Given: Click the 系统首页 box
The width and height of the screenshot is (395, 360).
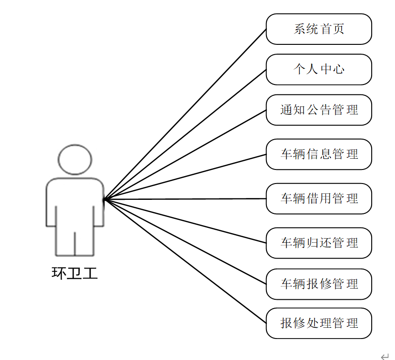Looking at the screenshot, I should pyautogui.click(x=319, y=29).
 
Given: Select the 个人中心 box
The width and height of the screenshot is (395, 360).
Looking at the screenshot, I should pyautogui.click(x=319, y=70).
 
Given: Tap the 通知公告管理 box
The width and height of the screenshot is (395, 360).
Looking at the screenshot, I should pyautogui.click(x=319, y=110).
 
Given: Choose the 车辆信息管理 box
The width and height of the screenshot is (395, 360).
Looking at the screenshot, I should pyautogui.click(x=319, y=154).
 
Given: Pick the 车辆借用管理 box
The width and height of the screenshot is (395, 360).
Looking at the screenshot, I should pyautogui.click(x=319, y=198).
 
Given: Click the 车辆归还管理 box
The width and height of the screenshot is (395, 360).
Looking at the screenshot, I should pyautogui.click(x=319, y=243).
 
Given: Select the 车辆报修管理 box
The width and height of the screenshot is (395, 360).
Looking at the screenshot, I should pyautogui.click(x=319, y=284).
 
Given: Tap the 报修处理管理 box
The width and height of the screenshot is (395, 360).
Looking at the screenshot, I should pyautogui.click(x=319, y=323).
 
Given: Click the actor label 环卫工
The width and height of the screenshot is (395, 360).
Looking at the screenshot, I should pyautogui.click(x=75, y=273).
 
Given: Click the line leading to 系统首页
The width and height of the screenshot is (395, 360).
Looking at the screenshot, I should pyautogui.click(x=185, y=114).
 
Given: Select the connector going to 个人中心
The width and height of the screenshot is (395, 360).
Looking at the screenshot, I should pyautogui.click(x=185, y=134).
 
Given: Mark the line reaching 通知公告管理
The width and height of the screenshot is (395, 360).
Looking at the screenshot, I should pyautogui.click(x=185, y=155).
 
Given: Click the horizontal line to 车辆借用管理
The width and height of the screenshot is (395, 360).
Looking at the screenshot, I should pyautogui.click(x=185, y=199).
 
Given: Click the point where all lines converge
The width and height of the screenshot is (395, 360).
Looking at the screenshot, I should pyautogui.click(x=104, y=200).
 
